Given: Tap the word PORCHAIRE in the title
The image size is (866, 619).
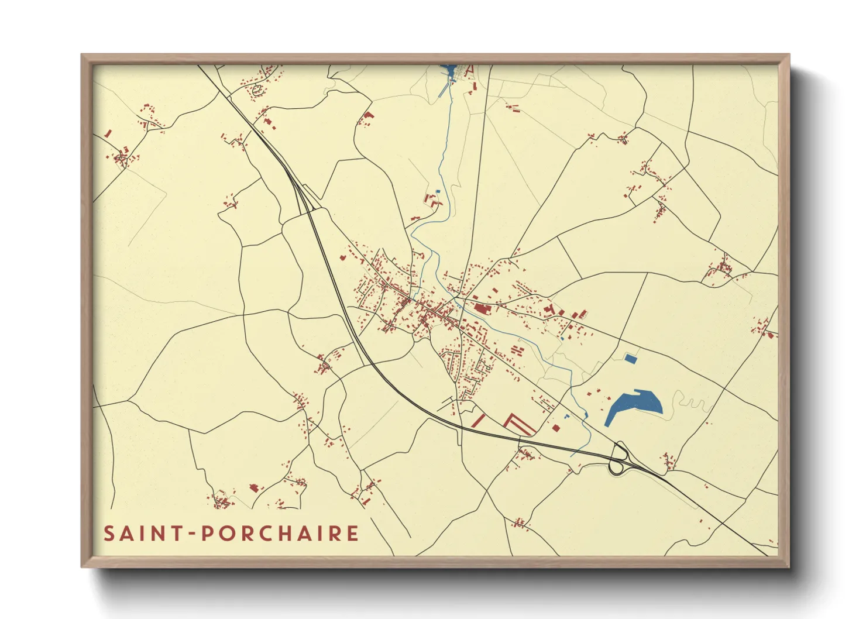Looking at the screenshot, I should click(280, 534).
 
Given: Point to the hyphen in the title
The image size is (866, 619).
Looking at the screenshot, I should click(193, 534).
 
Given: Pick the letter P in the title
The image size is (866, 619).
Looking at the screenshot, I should click(207, 534).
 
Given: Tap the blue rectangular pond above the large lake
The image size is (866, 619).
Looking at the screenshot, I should click(630, 358).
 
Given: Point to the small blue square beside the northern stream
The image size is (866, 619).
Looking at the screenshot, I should click(438, 191).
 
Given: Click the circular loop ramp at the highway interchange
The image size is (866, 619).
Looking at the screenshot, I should click(615, 467).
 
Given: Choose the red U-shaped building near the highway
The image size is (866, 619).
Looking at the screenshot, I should click(518, 424).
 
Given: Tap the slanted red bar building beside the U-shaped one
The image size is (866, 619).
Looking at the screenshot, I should click(479, 420).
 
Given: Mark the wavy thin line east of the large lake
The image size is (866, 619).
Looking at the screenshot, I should click(693, 403).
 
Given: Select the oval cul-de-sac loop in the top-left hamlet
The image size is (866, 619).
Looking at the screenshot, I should click(256, 90).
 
